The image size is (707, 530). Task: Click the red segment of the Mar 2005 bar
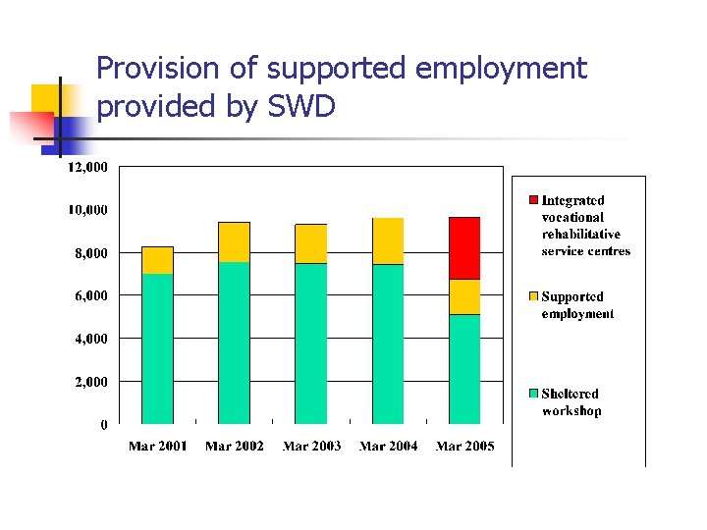[464, 248]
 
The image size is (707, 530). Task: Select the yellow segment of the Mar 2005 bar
[464, 296]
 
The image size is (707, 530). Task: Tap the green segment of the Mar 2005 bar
[464, 369]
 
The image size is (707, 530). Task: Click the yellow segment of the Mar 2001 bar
[157, 260]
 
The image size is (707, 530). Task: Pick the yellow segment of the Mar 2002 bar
[234, 242]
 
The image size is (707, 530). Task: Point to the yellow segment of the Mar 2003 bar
[311, 243]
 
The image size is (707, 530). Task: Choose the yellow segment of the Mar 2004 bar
[388, 241]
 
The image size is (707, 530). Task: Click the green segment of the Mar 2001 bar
[157, 348]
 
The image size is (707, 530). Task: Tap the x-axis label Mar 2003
[311, 447]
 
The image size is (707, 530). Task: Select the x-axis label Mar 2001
[157, 447]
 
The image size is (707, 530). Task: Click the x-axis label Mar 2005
[464, 447]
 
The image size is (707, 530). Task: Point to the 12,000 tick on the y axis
[87, 167]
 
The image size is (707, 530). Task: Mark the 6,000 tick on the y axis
[91, 295]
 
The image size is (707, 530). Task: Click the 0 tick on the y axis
[103, 425]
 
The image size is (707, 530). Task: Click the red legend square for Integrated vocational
[534, 200]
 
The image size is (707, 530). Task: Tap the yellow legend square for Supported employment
[534, 296]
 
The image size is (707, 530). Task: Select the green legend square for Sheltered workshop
[534, 394]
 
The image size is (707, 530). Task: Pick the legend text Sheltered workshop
[571, 402]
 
